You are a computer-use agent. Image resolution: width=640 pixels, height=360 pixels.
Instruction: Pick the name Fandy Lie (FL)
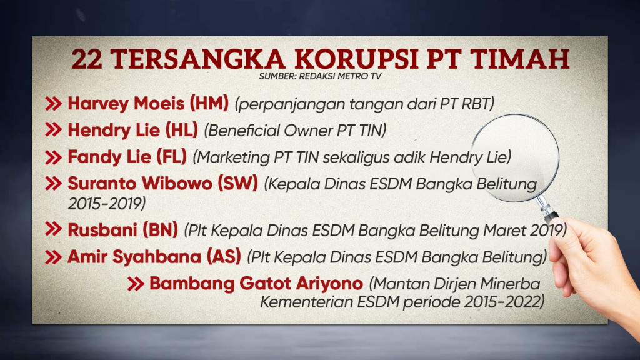[127, 157]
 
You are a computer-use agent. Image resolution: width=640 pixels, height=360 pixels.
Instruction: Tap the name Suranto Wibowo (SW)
[162, 184]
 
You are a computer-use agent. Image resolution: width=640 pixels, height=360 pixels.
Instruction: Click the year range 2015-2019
[106, 203]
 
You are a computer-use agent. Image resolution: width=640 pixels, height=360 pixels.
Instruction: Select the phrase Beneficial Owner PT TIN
[296, 131]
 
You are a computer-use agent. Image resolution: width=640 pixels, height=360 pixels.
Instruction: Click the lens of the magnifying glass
[514, 157]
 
